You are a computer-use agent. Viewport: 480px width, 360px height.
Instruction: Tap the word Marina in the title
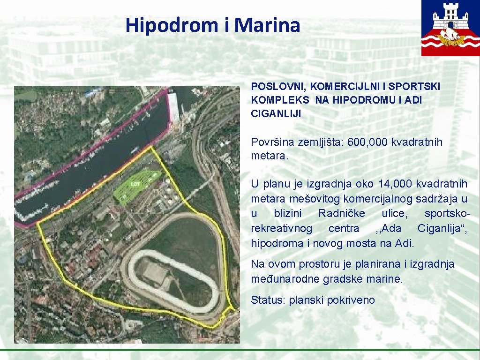[267, 25]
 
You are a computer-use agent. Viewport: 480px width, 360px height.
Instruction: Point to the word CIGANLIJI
[276, 113]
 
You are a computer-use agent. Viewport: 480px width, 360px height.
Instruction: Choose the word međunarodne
[281, 279]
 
